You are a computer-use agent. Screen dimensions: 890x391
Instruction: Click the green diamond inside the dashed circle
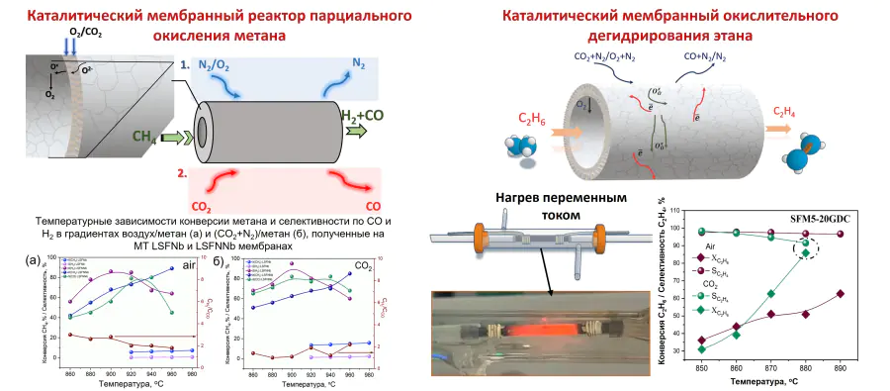point(805,252)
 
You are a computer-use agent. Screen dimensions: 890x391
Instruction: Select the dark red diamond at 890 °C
point(840,294)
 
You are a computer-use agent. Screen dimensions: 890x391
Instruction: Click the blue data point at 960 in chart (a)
point(173,268)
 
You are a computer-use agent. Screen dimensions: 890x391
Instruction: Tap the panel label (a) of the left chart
point(34,262)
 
